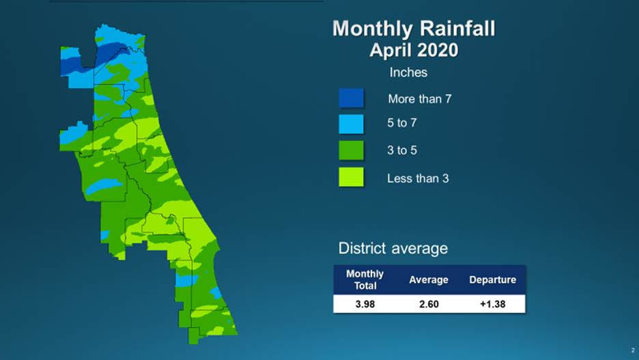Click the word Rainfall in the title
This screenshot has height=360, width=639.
point(457,29)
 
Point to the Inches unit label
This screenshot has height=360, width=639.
point(408,72)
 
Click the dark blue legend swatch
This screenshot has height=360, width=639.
point(351,98)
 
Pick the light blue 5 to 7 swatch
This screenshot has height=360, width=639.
point(351,124)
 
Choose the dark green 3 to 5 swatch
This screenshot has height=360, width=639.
point(351,150)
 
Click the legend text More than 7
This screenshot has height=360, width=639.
point(419,99)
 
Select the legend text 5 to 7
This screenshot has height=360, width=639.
point(402,124)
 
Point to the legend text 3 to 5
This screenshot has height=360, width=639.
point(402,150)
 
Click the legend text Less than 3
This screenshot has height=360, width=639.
point(417,178)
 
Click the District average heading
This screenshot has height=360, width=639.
point(393,248)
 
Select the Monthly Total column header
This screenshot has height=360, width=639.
point(365,279)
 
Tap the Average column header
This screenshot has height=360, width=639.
point(429,279)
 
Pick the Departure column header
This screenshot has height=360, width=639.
point(492,279)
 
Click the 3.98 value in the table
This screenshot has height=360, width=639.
point(365,304)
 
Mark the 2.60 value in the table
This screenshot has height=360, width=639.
point(429,304)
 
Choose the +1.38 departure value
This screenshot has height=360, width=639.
point(492,304)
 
